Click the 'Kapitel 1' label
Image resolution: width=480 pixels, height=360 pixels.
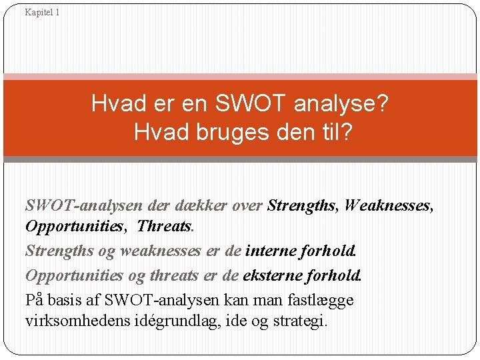42,12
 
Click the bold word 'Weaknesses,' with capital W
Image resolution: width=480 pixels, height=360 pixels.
389,206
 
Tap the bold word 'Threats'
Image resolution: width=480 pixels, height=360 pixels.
164,226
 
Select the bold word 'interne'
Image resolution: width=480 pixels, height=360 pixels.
270,251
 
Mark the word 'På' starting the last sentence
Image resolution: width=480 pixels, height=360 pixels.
35,299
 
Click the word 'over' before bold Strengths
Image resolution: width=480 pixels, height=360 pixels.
248,206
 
